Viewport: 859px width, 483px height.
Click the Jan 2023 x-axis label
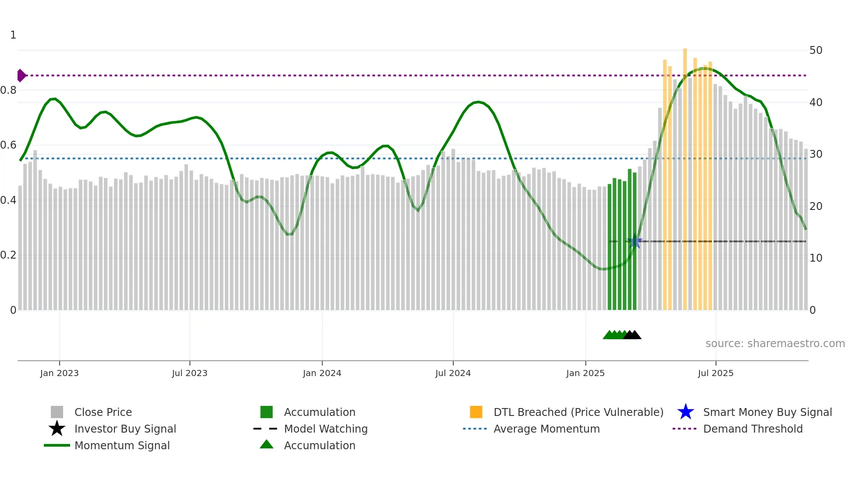pyautogui.click(x=59, y=373)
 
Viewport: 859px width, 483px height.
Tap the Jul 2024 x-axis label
pyautogui.click(x=453, y=373)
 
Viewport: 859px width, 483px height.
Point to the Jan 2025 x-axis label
pyautogui.click(x=585, y=373)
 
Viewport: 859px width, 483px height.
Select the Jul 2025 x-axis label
pyautogui.click(x=715, y=373)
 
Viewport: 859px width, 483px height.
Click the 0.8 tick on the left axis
pyautogui.click(x=9, y=90)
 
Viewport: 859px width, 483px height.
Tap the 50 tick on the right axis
pyautogui.click(x=816, y=50)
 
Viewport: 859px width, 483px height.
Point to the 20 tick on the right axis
pyautogui.click(x=816, y=206)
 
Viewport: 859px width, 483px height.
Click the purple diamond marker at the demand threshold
pyautogui.click(x=21, y=75)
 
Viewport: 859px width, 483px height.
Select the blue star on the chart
pyautogui.click(x=634, y=241)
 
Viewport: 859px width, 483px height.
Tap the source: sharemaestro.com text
pyautogui.click(x=775, y=344)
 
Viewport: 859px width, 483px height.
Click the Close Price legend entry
pyautogui.click(x=103, y=412)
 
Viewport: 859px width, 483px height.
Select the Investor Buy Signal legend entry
pyautogui.click(x=125, y=429)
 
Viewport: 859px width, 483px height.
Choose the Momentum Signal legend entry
pyautogui.click(x=122, y=445)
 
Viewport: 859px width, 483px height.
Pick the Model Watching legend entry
pyautogui.click(x=326, y=429)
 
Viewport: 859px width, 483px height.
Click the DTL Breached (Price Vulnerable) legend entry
pyautogui.click(x=578, y=412)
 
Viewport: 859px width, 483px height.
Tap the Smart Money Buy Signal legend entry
pyautogui.click(x=767, y=412)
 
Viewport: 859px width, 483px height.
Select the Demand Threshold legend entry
pyautogui.click(x=753, y=429)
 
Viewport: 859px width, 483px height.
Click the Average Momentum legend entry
pyautogui.click(x=547, y=429)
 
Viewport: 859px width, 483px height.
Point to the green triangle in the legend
pyautogui.click(x=266, y=445)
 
